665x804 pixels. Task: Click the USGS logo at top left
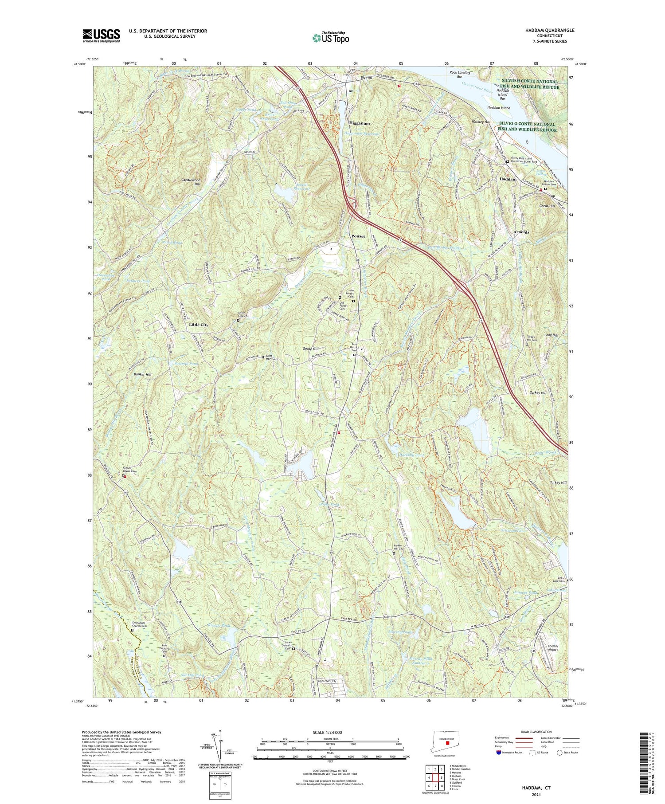tap(101, 35)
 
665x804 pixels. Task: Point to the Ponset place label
tap(358, 236)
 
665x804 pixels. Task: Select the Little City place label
tap(199, 325)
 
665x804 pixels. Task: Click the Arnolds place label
tap(521, 232)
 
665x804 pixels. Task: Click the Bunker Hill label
tap(142, 375)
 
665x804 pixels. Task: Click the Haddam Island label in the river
tap(499, 108)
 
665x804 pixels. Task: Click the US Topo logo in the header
tap(330, 38)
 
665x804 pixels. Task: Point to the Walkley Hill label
tap(481, 122)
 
